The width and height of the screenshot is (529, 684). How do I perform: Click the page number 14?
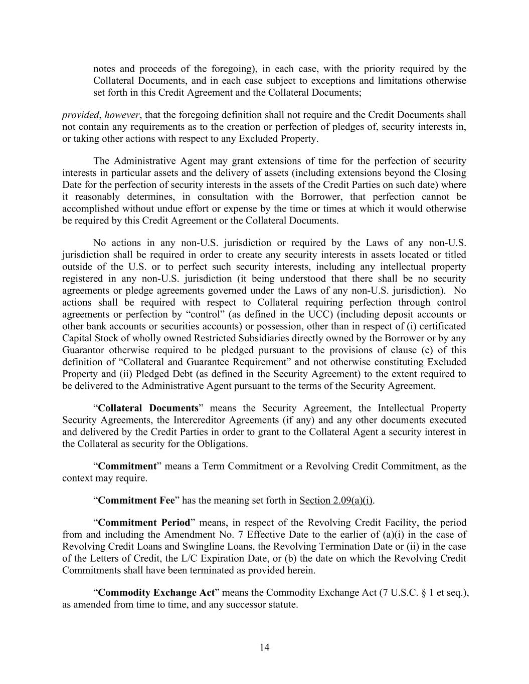pos(265,647)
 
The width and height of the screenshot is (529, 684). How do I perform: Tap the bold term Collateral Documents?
pos(148,408)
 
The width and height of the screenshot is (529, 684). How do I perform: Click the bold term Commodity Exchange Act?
pos(156,592)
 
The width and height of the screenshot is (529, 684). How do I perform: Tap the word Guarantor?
pos(83,350)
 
